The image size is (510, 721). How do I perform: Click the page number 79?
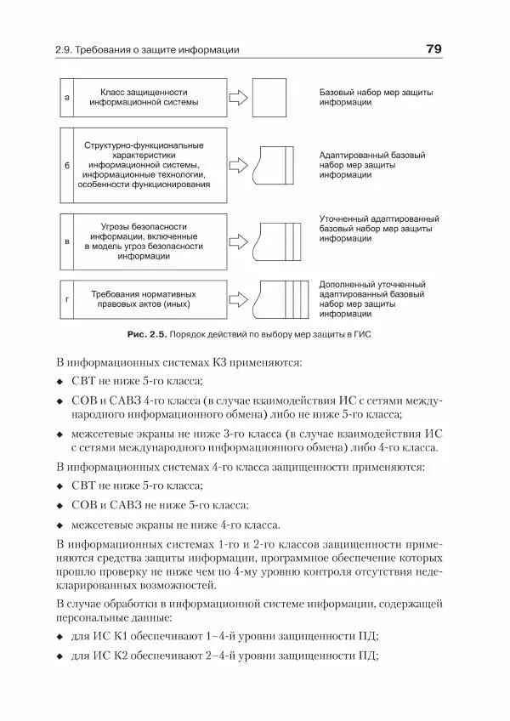(x=432, y=49)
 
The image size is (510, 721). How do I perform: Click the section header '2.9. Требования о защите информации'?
(x=147, y=50)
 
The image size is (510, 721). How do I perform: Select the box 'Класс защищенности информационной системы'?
(x=150, y=98)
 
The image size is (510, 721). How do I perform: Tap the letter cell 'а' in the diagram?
(x=67, y=98)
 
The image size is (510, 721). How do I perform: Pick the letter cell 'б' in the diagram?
(x=67, y=165)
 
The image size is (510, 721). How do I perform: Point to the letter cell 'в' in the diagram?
(x=67, y=241)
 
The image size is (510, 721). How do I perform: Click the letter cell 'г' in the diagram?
(x=67, y=299)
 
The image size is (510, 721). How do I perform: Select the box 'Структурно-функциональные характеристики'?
(x=150, y=165)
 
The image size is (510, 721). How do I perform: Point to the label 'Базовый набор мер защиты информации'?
(x=363, y=96)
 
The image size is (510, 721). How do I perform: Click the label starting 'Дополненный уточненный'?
(x=371, y=298)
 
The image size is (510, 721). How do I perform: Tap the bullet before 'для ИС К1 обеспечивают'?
(x=60, y=637)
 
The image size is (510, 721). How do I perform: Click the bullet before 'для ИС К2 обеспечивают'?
(x=60, y=656)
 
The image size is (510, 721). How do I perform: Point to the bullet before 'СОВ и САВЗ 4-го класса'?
(x=60, y=401)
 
